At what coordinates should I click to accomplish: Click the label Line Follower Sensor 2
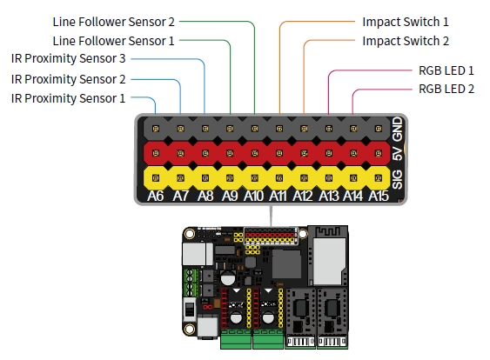(x=113, y=22)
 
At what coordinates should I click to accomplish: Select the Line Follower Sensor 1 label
(x=113, y=41)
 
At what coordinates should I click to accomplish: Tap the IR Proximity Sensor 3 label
(x=68, y=58)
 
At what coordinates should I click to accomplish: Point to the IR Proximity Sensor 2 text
(x=68, y=79)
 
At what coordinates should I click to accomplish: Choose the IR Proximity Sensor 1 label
(x=68, y=98)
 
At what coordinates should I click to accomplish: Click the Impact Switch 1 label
(x=406, y=22)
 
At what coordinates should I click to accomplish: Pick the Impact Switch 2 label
(x=406, y=41)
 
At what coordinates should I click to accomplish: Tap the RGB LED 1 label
(x=446, y=70)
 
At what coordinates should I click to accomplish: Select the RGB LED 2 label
(x=446, y=89)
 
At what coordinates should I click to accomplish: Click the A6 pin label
(x=155, y=196)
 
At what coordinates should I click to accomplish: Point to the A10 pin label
(x=254, y=196)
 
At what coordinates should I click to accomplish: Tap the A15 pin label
(x=379, y=196)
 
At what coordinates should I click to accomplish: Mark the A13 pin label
(x=329, y=196)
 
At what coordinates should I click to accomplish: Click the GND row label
(x=398, y=129)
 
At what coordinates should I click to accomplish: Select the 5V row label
(x=398, y=153)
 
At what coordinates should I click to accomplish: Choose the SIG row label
(x=398, y=179)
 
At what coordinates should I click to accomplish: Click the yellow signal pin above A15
(x=379, y=178)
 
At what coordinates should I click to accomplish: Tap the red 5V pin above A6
(x=155, y=153)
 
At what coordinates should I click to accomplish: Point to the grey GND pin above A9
(x=230, y=129)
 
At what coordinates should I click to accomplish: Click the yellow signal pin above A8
(x=205, y=178)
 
